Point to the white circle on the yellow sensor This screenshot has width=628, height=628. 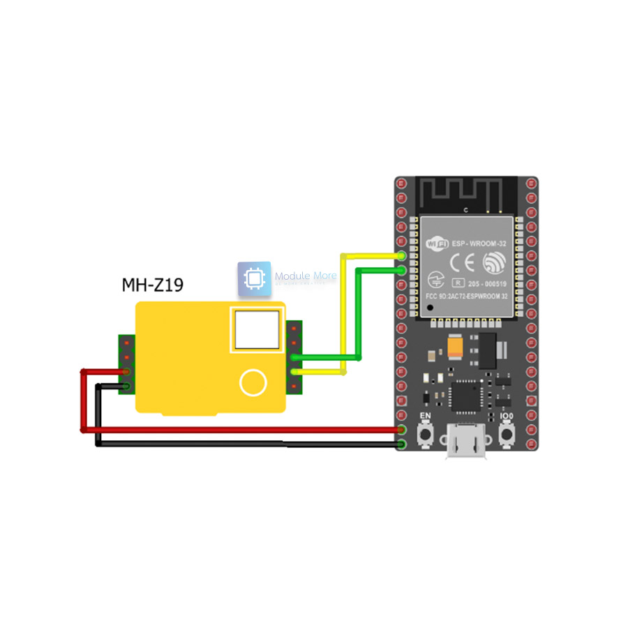click(253, 382)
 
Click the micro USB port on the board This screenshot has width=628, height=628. click(466, 447)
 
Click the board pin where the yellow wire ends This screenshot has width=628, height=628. click(401, 256)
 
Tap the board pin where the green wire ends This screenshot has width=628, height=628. click(401, 269)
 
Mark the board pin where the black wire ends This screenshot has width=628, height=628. click(401, 443)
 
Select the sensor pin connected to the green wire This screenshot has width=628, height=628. click(294, 358)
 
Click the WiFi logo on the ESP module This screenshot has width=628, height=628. click(437, 245)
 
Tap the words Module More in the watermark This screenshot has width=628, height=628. click(306, 276)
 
